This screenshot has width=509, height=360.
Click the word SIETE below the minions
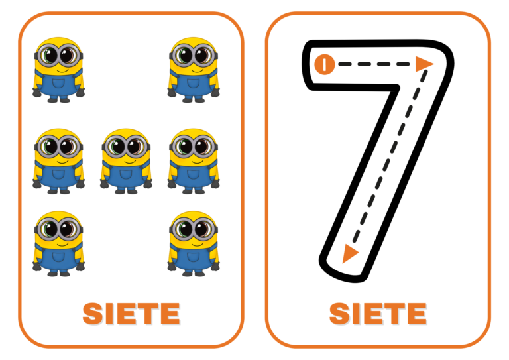(x=131, y=314)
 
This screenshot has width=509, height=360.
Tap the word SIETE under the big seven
(x=378, y=314)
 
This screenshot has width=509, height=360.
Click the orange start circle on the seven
(x=323, y=64)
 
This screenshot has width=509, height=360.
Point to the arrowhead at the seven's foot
(x=350, y=254)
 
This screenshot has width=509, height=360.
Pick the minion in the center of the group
(x=126, y=160)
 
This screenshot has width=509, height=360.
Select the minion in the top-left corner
(x=59, y=70)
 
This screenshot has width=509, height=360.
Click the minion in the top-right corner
(x=193, y=70)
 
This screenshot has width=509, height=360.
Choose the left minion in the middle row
(x=59, y=160)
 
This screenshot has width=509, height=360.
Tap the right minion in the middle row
(x=193, y=160)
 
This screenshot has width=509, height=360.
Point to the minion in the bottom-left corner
(x=59, y=243)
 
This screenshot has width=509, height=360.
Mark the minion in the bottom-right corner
(x=193, y=243)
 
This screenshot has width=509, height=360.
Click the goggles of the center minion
(x=126, y=146)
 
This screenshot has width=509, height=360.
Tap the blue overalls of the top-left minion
(x=59, y=85)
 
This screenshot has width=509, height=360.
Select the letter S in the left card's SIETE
(x=93, y=314)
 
